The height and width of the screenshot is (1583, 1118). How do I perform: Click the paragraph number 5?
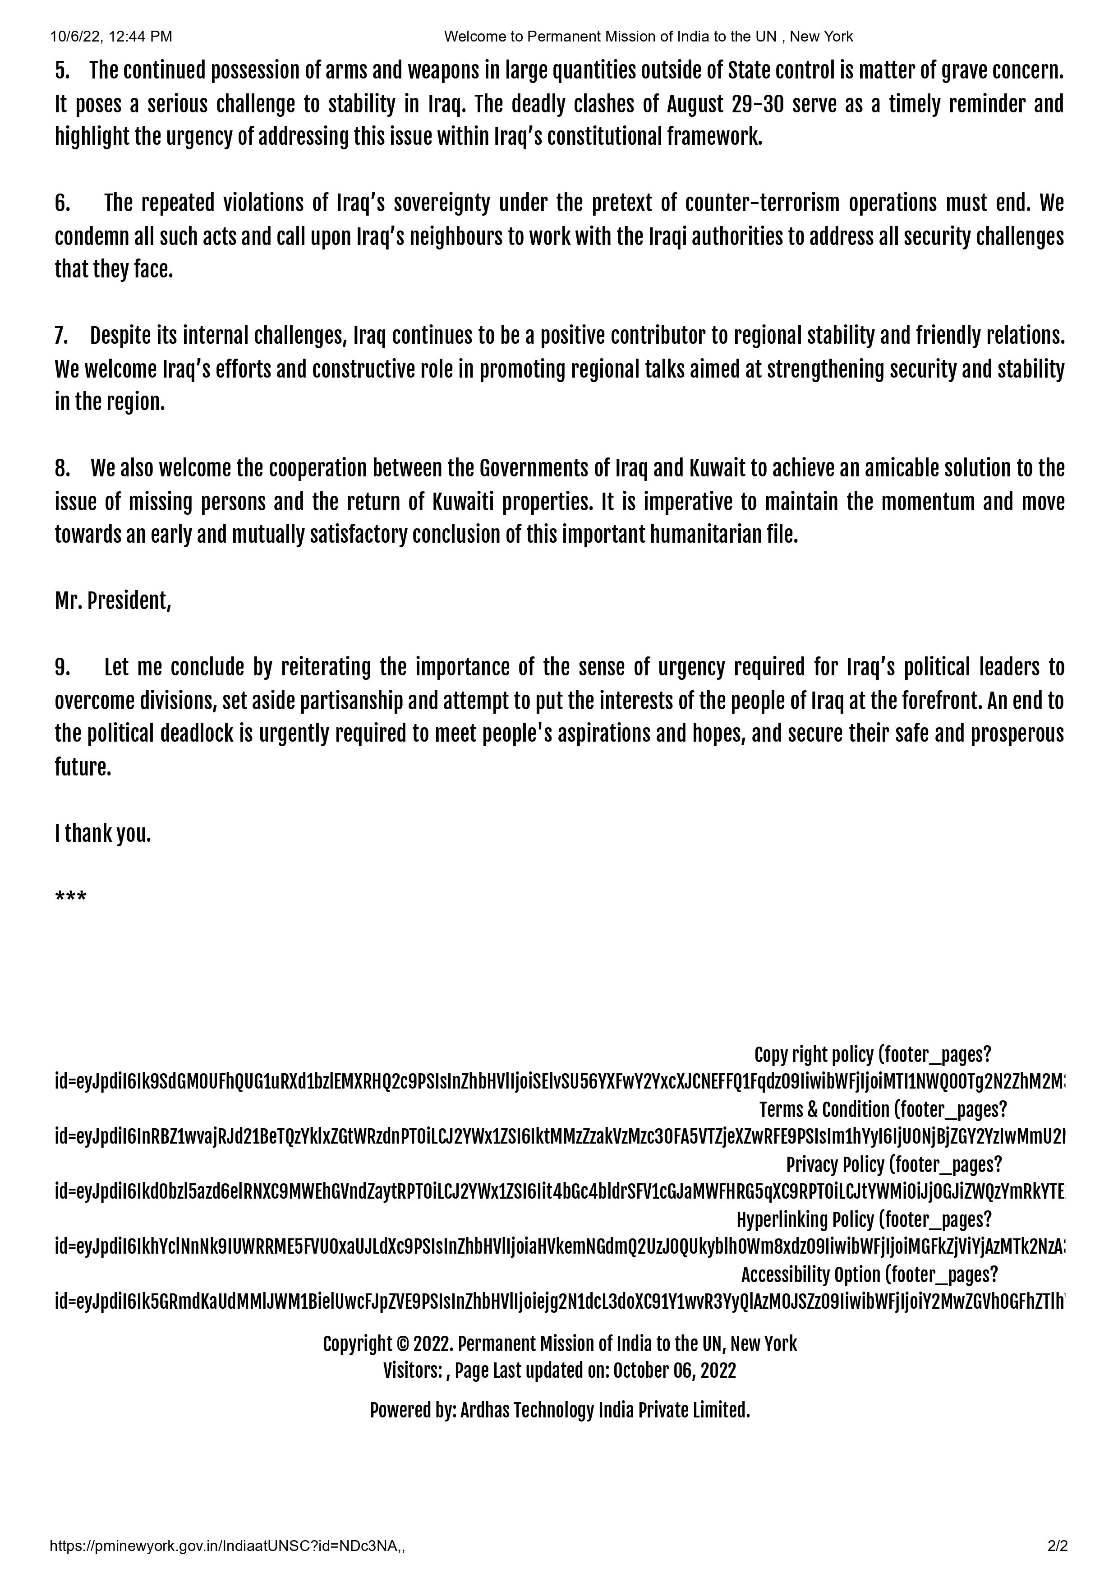[62, 70]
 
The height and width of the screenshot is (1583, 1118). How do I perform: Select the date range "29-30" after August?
[761, 104]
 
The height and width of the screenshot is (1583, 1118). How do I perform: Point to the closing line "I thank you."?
[103, 834]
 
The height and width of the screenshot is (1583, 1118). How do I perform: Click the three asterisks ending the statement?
[70, 898]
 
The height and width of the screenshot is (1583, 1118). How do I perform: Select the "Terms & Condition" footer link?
[824, 1110]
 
